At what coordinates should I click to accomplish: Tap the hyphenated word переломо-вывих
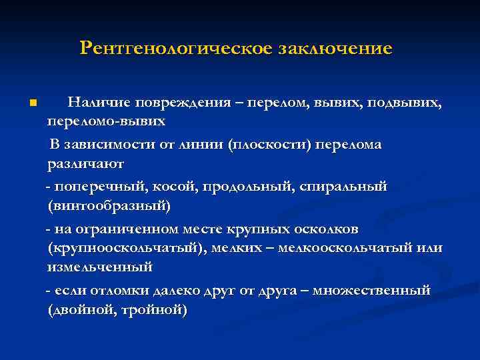(106, 123)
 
